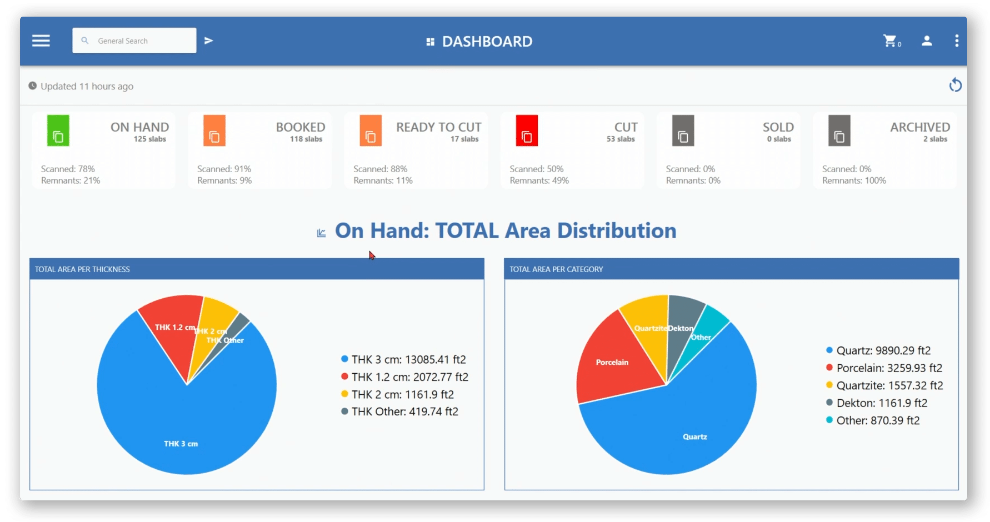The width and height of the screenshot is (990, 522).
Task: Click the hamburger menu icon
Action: click(41, 41)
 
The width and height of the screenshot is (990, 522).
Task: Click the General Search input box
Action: click(134, 41)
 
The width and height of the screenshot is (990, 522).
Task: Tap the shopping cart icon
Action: click(890, 41)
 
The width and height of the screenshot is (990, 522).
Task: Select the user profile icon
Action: click(927, 41)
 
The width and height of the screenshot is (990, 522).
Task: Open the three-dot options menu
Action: click(956, 41)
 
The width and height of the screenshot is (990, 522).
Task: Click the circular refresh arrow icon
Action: click(955, 85)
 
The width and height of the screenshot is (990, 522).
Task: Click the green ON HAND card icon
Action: click(58, 131)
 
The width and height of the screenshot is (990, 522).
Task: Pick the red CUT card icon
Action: click(527, 131)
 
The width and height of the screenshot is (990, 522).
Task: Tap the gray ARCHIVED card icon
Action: click(839, 131)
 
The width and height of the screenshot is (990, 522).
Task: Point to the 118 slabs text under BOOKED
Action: click(306, 139)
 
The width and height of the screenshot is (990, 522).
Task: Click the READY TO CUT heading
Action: click(438, 127)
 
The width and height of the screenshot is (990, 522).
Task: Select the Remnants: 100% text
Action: click(854, 180)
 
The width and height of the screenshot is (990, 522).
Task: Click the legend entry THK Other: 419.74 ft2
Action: click(404, 411)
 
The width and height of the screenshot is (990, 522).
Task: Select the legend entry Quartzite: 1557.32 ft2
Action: click(889, 385)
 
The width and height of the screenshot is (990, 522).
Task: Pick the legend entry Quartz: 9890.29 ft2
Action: click(883, 350)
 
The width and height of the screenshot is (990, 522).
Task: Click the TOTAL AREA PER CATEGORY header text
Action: click(556, 269)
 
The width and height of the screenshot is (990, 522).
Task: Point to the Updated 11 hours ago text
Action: click(87, 86)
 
